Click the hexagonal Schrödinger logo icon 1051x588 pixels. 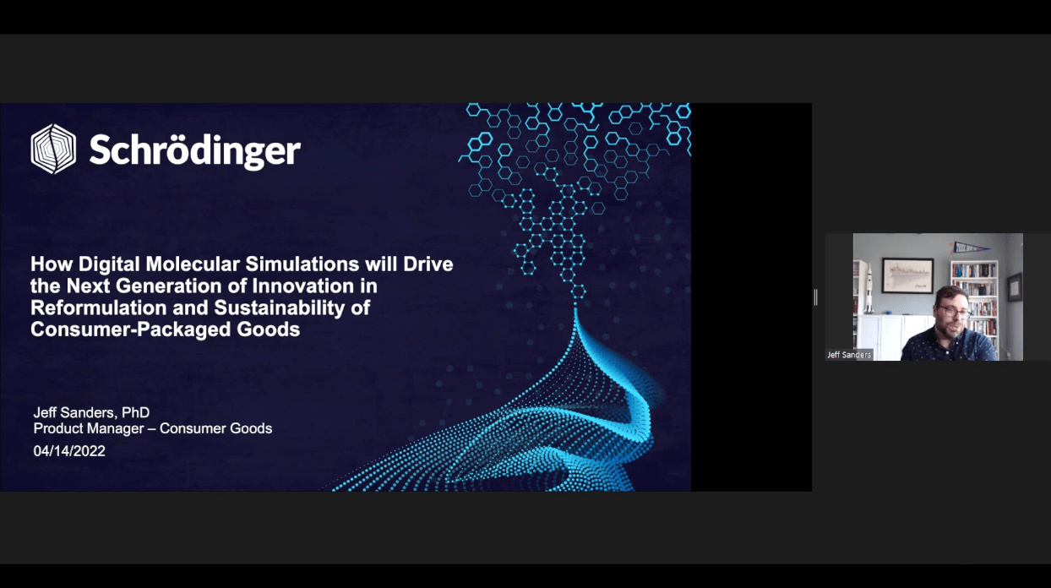[x=53, y=149]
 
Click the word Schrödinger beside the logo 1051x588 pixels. [x=194, y=150]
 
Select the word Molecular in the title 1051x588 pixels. [x=193, y=264]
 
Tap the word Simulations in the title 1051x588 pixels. [x=302, y=264]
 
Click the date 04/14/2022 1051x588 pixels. [x=69, y=451]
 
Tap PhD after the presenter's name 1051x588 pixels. [x=135, y=412]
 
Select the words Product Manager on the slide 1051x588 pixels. [x=89, y=428]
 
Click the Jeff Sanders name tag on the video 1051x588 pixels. [x=849, y=355]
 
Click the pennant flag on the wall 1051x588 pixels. [x=970, y=248]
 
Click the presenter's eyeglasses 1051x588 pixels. [x=956, y=312]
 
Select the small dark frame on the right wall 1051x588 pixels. [x=1014, y=287]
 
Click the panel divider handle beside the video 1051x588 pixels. [x=816, y=297]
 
